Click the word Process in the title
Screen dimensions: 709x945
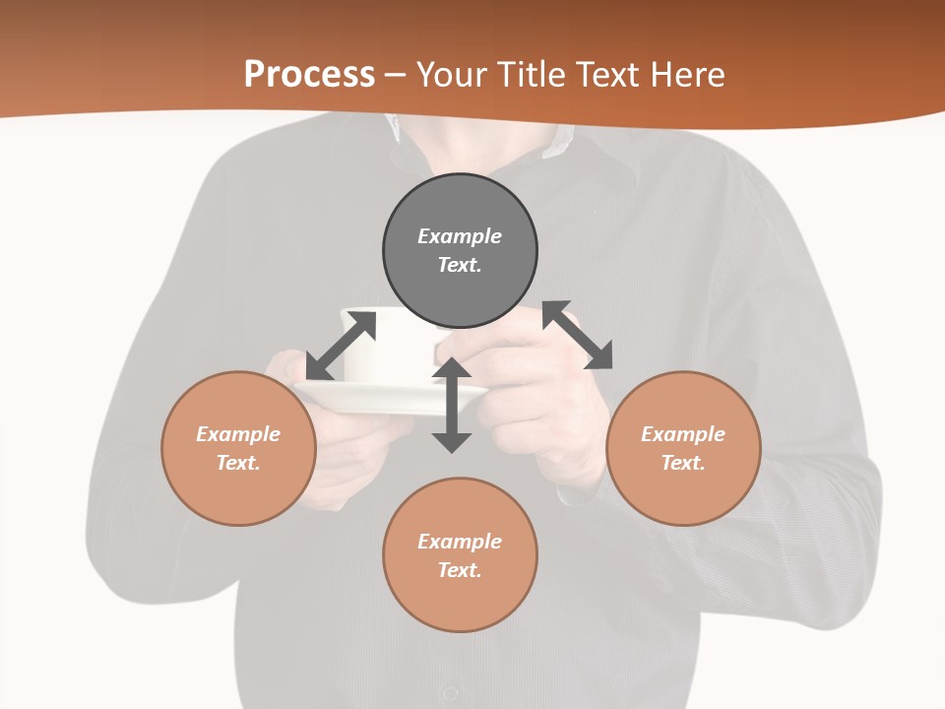coord(309,75)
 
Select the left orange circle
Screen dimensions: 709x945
coord(238,492)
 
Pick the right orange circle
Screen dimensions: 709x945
coord(683,492)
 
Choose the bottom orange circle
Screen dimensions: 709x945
coord(460,601)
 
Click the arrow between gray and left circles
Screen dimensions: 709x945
coord(341,346)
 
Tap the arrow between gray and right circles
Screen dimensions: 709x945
coord(578,335)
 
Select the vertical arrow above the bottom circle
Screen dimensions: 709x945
coord(452,405)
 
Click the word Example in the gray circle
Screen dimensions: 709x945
coord(460,236)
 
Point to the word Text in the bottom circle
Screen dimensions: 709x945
coord(460,570)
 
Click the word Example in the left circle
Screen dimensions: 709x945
coord(238,434)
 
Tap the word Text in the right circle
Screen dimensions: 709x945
coord(683,463)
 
